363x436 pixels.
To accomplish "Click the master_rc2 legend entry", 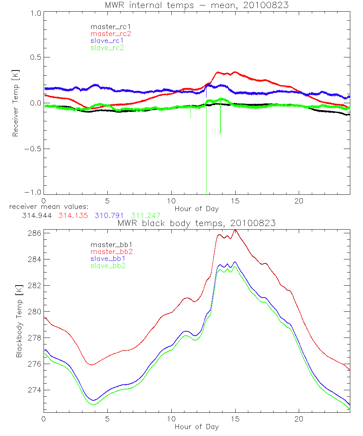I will [111, 33].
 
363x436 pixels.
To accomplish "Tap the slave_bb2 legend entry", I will [109, 266].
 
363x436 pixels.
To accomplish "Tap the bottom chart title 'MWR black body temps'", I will [196, 223].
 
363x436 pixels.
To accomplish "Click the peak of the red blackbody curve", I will [235, 230].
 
